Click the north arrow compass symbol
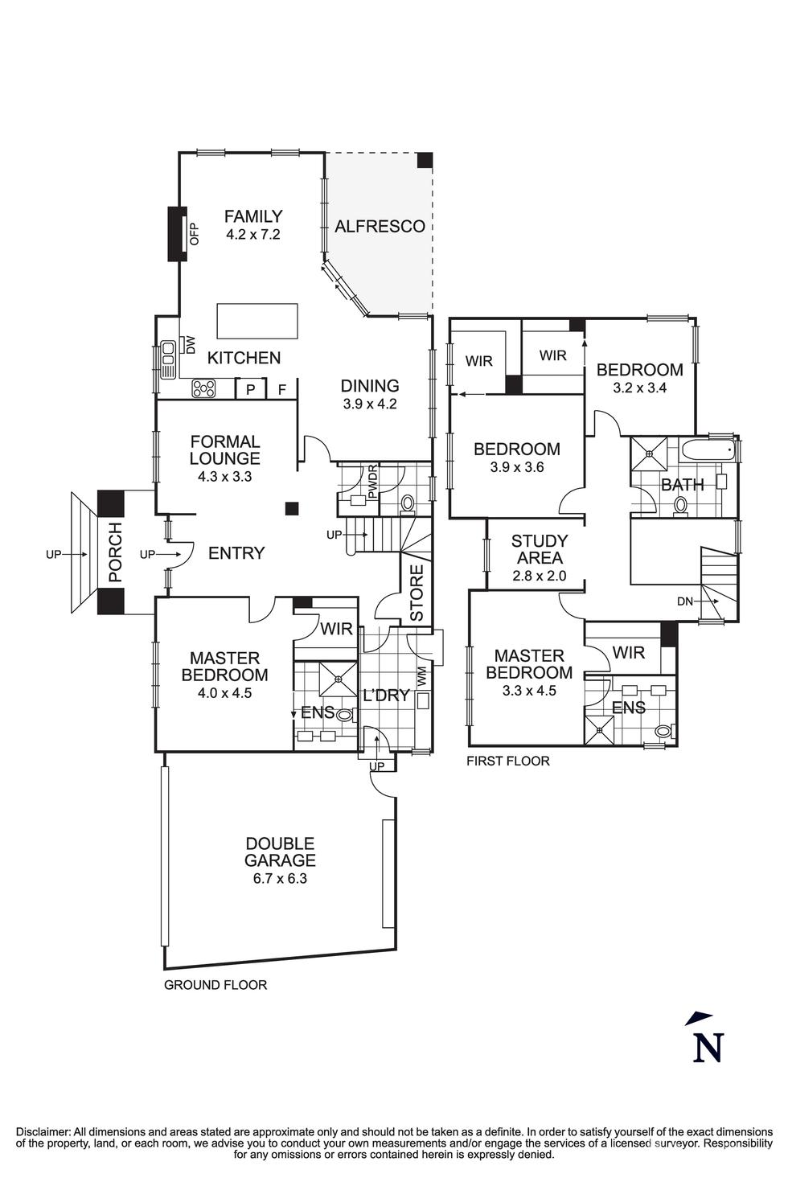pos(706,1039)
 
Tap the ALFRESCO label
pos(380,227)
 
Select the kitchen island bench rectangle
pos(257,321)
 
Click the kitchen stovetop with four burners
pos(203,389)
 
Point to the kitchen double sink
pos(168,359)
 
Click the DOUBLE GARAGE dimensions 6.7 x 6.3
pos(280,878)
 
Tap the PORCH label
pos(116,552)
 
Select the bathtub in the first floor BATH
pos(708,450)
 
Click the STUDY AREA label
pos(540,549)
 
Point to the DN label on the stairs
pos(684,601)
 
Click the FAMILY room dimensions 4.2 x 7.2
pos(253,235)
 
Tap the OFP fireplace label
pos(193,233)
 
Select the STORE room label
pos(417,593)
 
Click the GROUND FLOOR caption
pos(215,985)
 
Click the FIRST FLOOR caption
pos(508,761)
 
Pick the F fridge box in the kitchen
pos(281,390)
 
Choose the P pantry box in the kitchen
pos(250,390)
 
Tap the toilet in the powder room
pos(408,504)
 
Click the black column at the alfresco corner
pos(425,160)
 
